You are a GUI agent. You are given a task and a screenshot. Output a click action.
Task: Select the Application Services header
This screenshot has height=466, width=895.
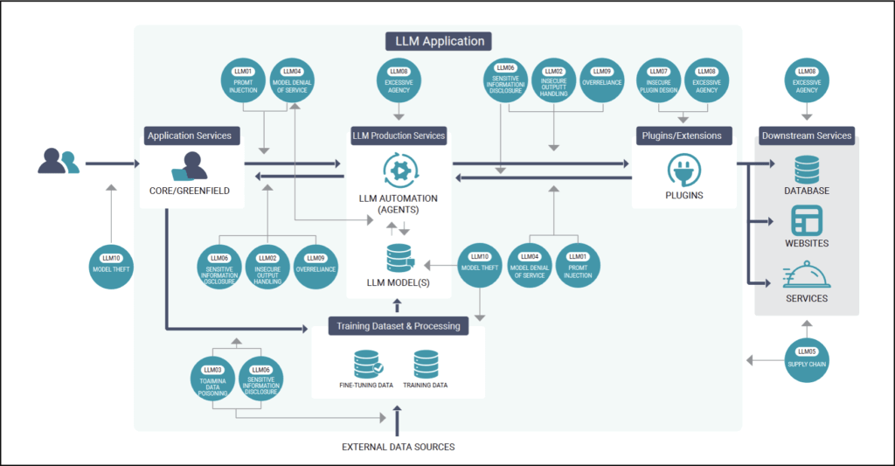190,136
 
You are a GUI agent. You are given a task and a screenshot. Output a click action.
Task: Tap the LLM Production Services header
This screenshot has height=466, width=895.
399,136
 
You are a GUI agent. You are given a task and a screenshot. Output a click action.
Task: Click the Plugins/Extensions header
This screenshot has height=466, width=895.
683,136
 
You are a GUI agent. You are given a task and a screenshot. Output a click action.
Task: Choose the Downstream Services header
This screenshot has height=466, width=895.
806,136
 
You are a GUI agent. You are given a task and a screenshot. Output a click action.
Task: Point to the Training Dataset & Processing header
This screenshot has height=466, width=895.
399,326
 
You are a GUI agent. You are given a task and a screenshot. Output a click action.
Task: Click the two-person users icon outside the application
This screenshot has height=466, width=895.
59,161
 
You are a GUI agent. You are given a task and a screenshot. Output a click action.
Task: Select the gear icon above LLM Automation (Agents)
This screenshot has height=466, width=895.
399,168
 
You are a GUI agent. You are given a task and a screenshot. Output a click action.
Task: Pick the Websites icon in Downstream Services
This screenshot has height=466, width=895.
806,219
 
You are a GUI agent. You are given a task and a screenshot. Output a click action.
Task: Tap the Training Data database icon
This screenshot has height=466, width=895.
427,364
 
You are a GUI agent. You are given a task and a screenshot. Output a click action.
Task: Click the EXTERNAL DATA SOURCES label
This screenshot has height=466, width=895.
399,447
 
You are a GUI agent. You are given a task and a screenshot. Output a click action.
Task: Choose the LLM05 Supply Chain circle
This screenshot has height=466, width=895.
806,358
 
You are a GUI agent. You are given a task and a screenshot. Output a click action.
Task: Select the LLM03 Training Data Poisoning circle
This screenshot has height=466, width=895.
213,378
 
